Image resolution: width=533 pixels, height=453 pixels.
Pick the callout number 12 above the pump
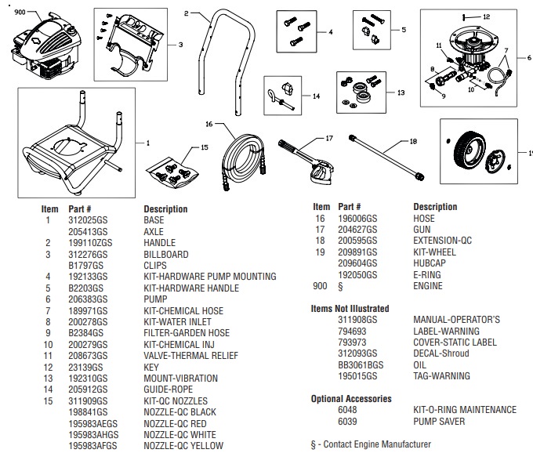point(486,16)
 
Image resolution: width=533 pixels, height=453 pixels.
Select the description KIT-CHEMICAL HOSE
point(183,311)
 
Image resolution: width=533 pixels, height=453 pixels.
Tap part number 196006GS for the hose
point(354,219)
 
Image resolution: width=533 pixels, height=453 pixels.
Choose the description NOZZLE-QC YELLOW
point(183,446)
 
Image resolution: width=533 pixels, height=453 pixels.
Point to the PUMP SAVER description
point(438,422)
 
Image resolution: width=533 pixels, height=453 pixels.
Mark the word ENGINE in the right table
point(427,286)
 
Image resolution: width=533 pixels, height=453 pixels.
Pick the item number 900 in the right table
point(319,286)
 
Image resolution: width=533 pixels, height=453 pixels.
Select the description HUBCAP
point(429,263)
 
